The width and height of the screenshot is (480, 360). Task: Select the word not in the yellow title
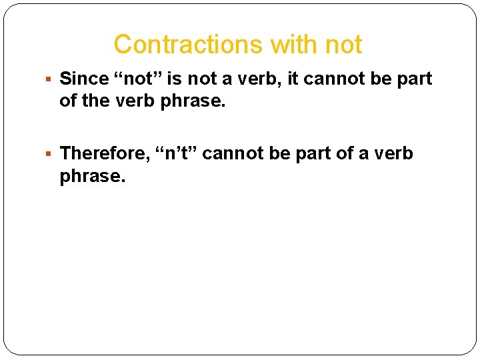[343, 45]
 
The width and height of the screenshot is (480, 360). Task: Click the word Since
[84, 79]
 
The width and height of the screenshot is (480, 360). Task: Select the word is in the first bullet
[174, 79]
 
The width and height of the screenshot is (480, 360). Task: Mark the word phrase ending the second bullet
[87, 177]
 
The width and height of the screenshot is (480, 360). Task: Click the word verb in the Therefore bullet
[393, 153]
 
